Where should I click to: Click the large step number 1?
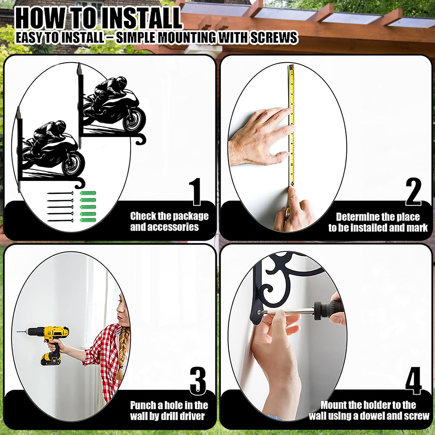[197, 191]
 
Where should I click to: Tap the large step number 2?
[413, 191]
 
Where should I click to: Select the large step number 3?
[198, 381]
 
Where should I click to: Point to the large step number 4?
[413, 381]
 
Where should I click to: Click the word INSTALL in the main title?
[141, 19]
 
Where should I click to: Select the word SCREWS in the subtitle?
[274, 38]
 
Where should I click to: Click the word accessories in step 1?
[164, 227]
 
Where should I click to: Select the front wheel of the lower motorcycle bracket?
[74, 164]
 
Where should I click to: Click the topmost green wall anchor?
[88, 193]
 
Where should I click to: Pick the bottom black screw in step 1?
[60, 221]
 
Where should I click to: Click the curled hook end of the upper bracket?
[141, 139]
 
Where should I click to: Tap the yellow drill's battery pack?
[51, 359]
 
